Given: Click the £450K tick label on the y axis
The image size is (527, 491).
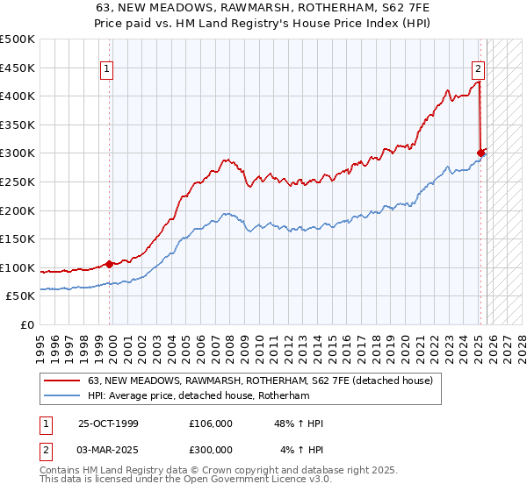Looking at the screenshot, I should [18, 68].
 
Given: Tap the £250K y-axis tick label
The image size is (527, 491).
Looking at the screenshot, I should [18, 181].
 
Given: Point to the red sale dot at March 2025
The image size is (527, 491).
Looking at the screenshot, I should [480, 153].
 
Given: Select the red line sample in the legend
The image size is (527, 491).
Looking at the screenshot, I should [63, 381].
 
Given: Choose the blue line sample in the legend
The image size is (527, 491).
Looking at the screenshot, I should [63, 396].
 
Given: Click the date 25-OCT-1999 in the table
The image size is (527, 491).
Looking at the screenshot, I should [108, 423].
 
